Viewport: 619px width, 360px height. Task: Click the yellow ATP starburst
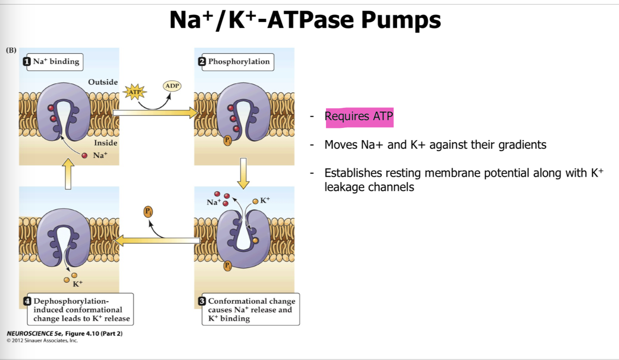point(135,92)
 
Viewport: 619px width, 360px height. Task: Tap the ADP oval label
point(172,86)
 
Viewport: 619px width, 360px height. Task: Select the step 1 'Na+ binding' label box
point(53,61)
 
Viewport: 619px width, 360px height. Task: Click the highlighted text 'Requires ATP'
point(359,116)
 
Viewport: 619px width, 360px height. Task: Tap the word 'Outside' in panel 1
point(103,82)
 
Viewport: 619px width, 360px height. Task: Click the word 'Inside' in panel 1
point(106,143)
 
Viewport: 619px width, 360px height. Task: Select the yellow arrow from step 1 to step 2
point(155,112)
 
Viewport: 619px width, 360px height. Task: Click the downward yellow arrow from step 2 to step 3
point(243,173)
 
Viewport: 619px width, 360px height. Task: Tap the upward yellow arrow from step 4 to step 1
point(68,174)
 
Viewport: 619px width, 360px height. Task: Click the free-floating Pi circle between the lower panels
point(148,211)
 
